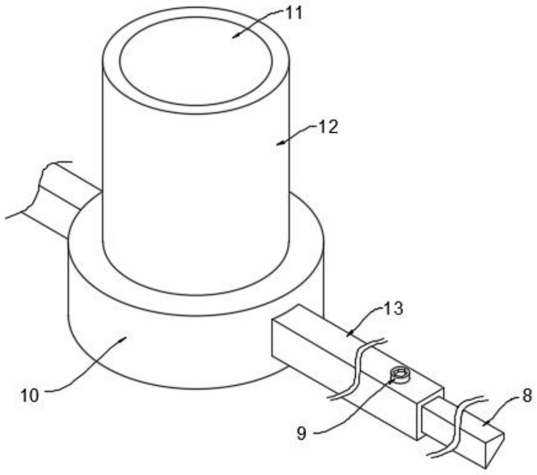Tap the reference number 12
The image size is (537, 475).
click(327, 127)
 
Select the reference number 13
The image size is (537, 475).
click(393, 309)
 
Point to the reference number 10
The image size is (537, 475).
click(30, 395)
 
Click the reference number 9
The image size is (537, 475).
click(301, 433)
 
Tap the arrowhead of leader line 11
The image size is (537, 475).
click(233, 37)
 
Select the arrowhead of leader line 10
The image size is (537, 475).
click(126, 337)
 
